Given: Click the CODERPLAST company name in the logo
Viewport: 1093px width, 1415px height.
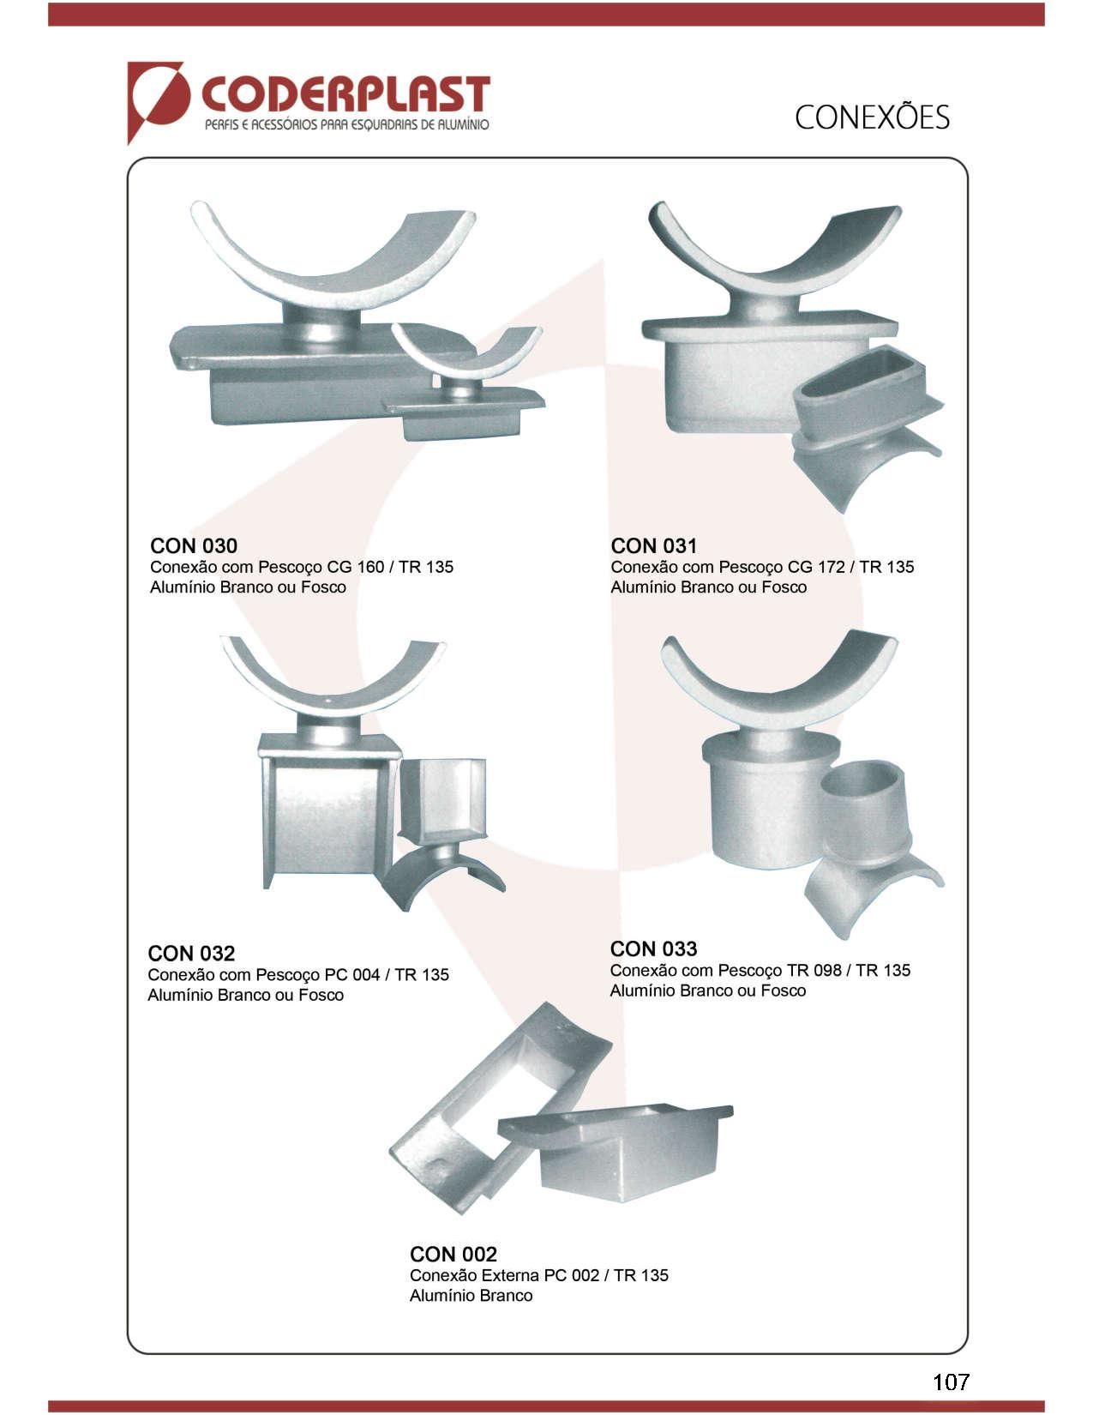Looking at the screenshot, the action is click(345, 96).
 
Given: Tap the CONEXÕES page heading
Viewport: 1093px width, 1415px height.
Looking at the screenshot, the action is click(872, 117).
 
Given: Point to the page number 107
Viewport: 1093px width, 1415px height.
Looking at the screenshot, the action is click(951, 1382).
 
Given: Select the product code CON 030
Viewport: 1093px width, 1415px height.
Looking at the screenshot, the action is click(194, 545).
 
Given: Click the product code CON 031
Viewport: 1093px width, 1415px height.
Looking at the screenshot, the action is click(653, 545).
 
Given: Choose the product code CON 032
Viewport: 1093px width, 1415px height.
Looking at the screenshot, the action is click(190, 954).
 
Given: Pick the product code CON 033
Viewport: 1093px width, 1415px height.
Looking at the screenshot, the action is click(653, 948).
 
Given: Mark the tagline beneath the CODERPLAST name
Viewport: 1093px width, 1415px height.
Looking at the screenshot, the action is click(346, 124).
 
